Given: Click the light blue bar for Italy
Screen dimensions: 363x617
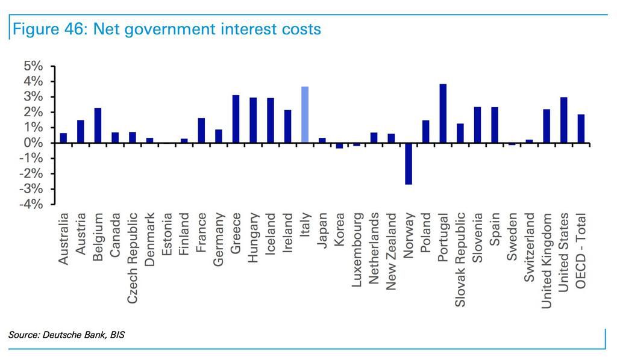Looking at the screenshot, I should [305, 115].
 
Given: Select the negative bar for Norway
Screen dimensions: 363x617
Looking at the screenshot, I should [409, 164].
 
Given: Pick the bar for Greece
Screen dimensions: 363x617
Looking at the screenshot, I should [236, 119].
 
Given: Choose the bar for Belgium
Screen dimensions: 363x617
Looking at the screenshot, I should [98, 125].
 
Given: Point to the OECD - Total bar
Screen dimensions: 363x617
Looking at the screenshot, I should [581, 129].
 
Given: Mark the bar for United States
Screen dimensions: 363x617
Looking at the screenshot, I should [564, 120].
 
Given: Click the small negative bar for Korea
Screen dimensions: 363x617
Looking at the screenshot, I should [339, 146].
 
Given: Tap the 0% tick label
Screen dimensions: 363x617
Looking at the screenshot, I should [33, 143].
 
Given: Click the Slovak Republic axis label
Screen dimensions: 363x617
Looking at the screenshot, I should [460, 259].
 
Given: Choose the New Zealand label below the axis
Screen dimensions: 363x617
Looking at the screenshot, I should [391, 252].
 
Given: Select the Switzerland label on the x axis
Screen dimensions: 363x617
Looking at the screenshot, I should [530, 247].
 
